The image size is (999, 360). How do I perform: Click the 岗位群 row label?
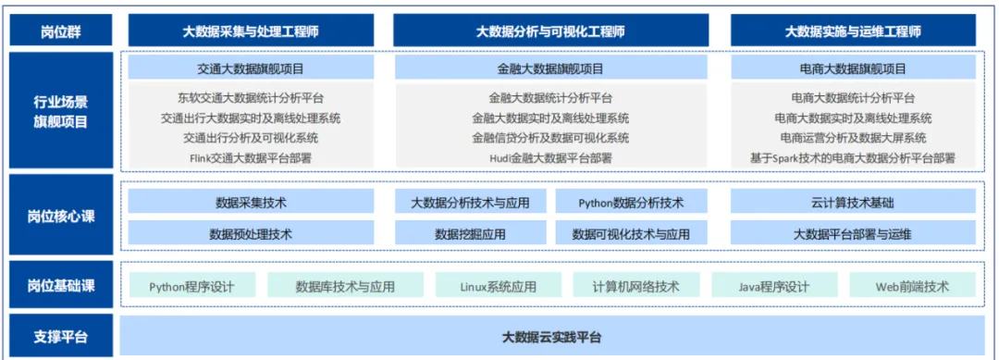point(61,31)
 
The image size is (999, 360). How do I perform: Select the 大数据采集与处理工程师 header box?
point(251,31)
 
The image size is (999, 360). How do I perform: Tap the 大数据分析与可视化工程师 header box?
point(550,31)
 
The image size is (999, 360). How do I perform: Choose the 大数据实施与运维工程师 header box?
point(853,31)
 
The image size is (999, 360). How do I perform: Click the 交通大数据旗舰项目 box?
point(251,68)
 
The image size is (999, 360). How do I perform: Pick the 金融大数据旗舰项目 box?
point(550,68)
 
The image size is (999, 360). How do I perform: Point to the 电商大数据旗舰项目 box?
point(853,68)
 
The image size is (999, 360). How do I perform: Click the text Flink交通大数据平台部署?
point(251,158)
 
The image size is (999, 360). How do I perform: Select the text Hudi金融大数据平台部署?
point(550,158)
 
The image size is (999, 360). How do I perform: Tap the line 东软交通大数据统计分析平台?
point(251,97)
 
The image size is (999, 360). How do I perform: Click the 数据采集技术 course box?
point(251,203)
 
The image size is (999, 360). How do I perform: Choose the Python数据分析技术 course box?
point(631,203)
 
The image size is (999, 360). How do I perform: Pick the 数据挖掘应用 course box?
point(470,234)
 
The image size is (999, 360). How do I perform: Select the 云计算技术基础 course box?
point(853,203)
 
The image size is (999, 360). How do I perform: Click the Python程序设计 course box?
point(191,286)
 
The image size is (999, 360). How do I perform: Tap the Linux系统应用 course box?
point(498,286)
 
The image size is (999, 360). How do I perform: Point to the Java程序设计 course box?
point(773,286)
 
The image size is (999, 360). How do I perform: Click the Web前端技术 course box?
point(912,286)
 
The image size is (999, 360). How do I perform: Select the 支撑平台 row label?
point(61,336)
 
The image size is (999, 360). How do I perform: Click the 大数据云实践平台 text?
point(550,336)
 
